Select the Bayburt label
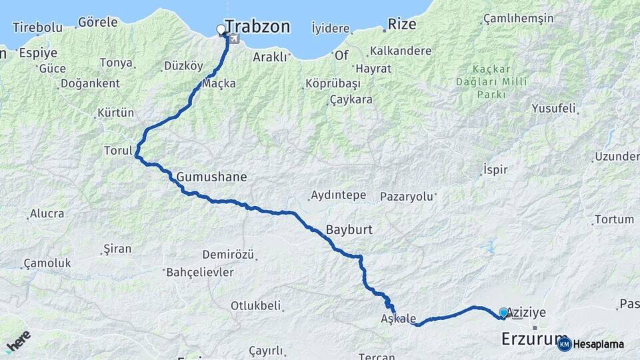click(349, 230)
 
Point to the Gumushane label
click(211, 177)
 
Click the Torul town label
click(118, 151)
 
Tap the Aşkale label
click(399, 318)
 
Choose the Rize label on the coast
click(402, 25)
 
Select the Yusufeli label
click(553, 108)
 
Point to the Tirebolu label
click(37, 27)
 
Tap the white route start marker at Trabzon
click(221, 29)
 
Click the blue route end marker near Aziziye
click(503, 312)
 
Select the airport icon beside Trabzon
click(234, 39)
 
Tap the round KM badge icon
click(564, 344)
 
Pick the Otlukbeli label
click(256, 306)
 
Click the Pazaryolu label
click(407, 197)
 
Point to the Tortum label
click(614, 219)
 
